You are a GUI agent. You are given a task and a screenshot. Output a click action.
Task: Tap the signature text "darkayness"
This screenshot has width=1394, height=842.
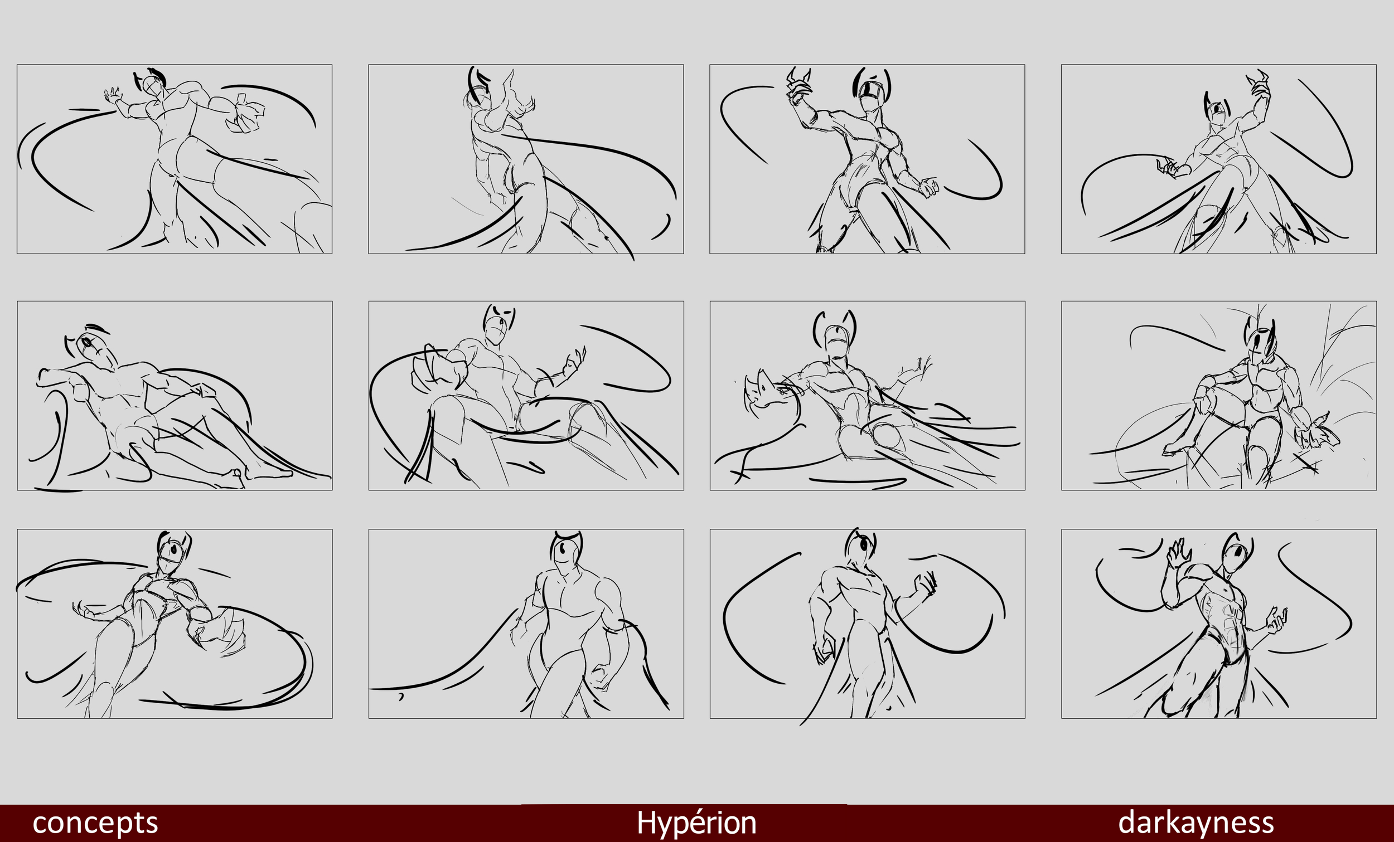click(1196, 822)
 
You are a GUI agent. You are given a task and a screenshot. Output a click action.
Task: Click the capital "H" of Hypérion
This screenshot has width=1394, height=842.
click(647, 822)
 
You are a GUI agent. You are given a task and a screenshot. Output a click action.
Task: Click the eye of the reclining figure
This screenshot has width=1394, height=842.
click(86, 343)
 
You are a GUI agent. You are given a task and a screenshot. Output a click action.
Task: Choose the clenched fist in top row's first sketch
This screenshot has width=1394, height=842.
click(245, 116)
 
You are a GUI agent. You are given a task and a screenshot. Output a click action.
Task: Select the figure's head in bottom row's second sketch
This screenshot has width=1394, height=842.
click(566, 547)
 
